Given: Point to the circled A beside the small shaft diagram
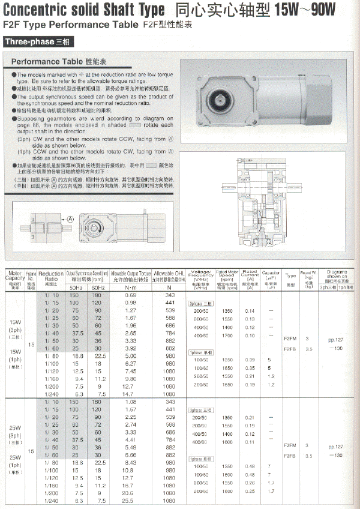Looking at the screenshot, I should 70,219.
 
